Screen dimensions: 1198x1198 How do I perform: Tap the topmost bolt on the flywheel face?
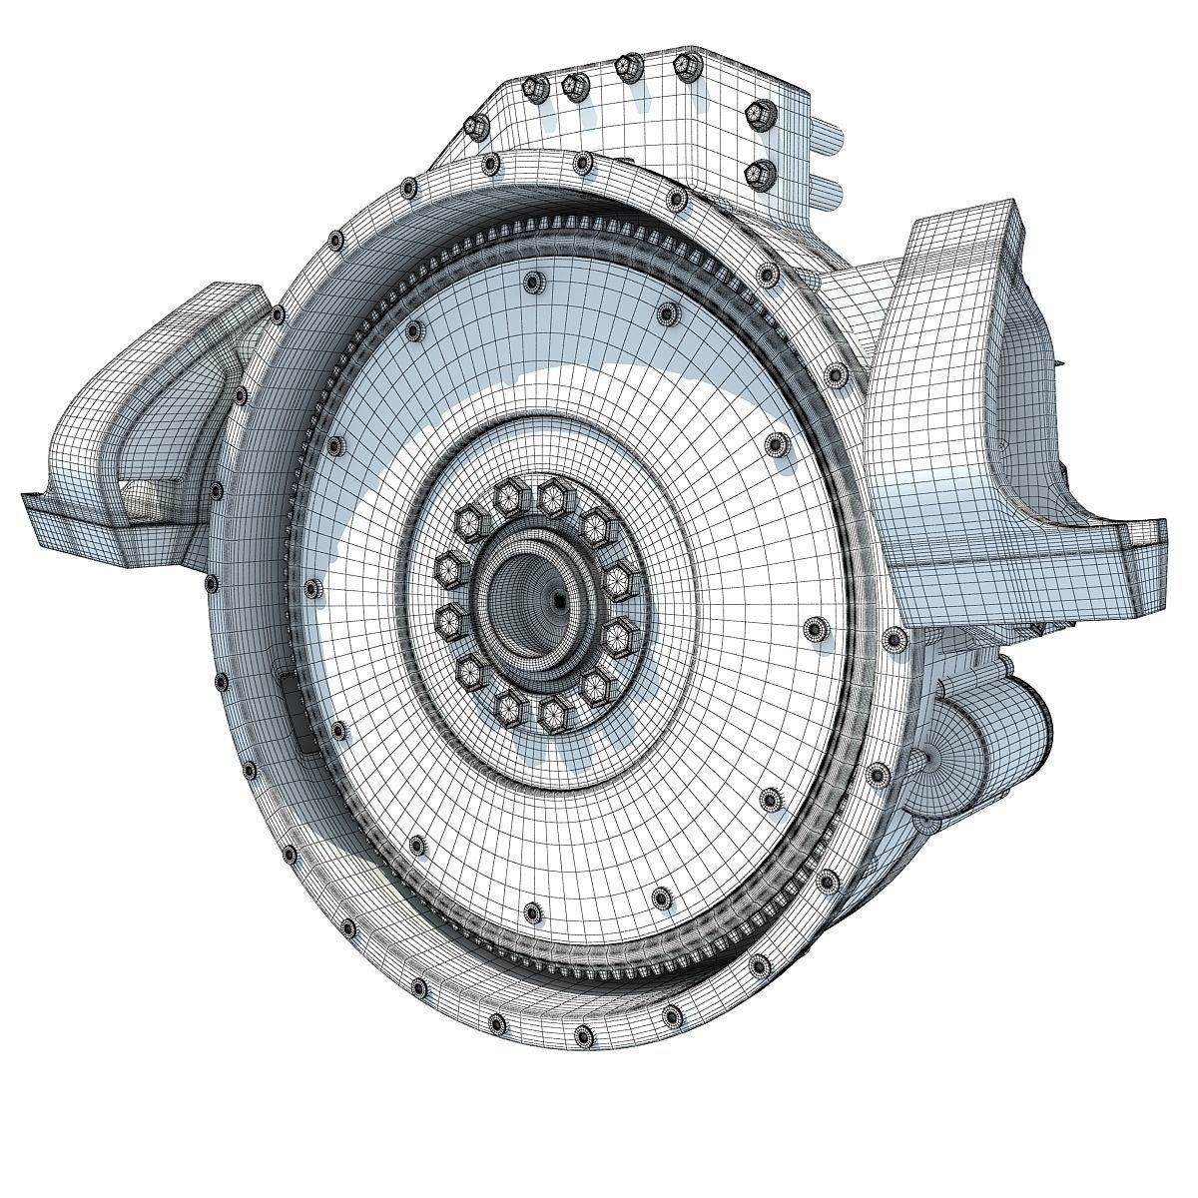(529, 283)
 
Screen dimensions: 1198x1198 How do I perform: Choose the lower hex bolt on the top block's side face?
(762, 175)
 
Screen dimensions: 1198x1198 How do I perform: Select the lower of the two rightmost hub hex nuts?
(620, 631)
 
